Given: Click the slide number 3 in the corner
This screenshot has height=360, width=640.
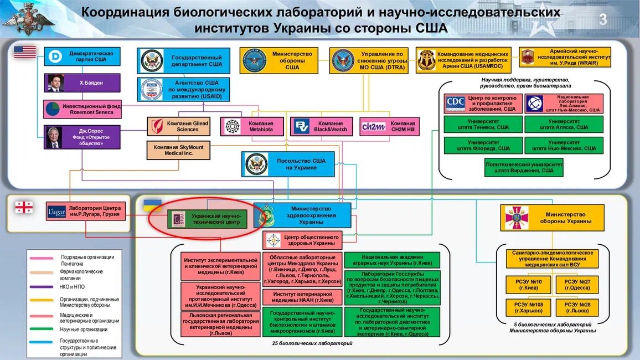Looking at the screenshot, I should pos(603,19).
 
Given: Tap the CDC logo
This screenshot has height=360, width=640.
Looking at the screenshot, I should pos(455,103).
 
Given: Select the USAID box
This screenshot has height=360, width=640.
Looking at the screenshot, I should pos(183,89).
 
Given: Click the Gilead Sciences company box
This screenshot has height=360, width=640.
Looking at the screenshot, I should pos(178,126).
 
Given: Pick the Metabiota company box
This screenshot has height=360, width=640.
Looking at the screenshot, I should pos(251,126).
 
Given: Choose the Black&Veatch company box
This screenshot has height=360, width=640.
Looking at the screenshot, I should pos(322,126).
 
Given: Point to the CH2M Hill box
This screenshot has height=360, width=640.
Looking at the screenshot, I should pos(389,126).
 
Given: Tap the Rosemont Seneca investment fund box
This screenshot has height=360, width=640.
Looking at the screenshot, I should pos(81,109).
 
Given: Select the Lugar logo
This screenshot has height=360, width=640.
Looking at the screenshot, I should pos(57,212).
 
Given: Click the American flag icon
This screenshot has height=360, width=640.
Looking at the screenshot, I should pos(25,53).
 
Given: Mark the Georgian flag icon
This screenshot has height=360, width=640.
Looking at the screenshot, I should pos(24,207).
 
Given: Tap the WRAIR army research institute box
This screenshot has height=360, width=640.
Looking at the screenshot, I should pos(565,58).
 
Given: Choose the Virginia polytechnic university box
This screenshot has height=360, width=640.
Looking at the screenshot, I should pos(524,168).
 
